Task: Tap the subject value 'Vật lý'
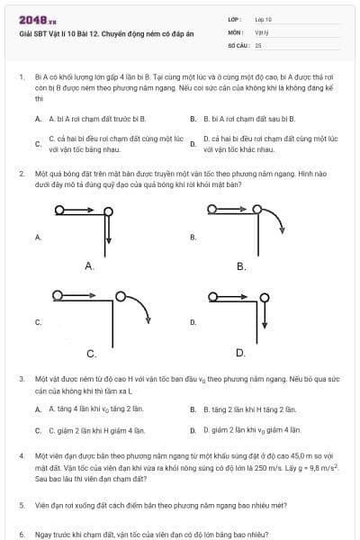click(x=261, y=31)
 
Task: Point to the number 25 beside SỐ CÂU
click(x=258, y=44)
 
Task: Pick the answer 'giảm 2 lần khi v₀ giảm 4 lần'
click(x=251, y=430)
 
